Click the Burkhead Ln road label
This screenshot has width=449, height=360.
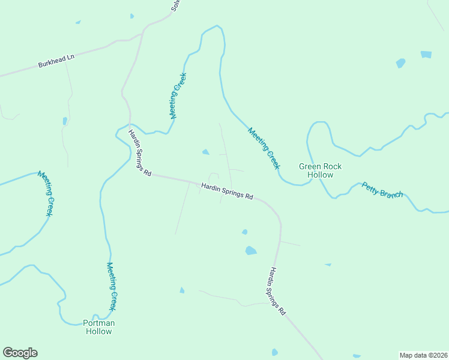(56, 61)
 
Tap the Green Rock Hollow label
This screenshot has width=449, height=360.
(316, 170)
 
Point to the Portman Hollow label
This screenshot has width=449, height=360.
(98, 327)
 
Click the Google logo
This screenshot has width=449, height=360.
(20, 353)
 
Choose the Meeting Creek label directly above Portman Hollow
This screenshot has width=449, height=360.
(112, 287)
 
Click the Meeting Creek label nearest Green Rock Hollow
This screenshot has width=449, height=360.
(264, 148)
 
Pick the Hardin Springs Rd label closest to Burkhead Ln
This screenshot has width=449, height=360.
(139, 154)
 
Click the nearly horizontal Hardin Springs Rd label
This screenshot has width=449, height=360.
(228, 191)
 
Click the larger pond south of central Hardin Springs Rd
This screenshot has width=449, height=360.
(251, 251)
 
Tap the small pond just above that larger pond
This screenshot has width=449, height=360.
(244, 232)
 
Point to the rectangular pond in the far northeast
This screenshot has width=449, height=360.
(426, 54)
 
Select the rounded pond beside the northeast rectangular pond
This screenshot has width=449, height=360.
(400, 62)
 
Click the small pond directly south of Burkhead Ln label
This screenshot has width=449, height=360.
(65, 121)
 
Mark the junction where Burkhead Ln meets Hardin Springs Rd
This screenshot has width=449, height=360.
(143, 33)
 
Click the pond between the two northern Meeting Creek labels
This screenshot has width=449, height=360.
(206, 152)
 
